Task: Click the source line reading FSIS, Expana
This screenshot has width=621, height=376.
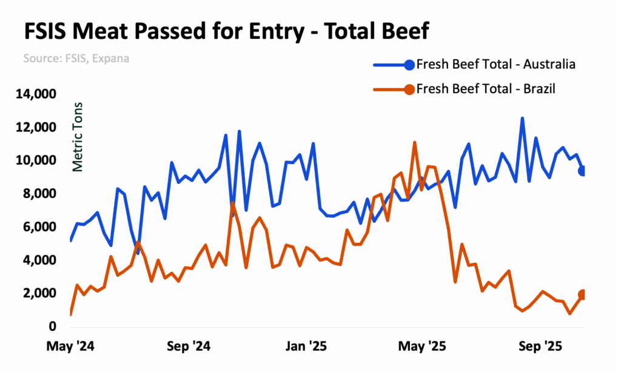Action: pos(76,59)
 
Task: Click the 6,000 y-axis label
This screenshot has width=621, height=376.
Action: pos(41,227)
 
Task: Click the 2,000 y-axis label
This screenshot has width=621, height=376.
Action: pos(41,294)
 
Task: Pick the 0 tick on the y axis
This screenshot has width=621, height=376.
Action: pos(52,327)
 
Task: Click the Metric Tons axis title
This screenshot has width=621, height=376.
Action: pos(77,137)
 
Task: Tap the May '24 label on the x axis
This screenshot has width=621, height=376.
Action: pos(72,348)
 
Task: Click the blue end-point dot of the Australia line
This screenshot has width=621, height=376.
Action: pos(583,171)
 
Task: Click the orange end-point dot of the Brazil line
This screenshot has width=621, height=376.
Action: pos(583,295)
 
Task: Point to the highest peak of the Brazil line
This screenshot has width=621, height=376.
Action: pos(415,143)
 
